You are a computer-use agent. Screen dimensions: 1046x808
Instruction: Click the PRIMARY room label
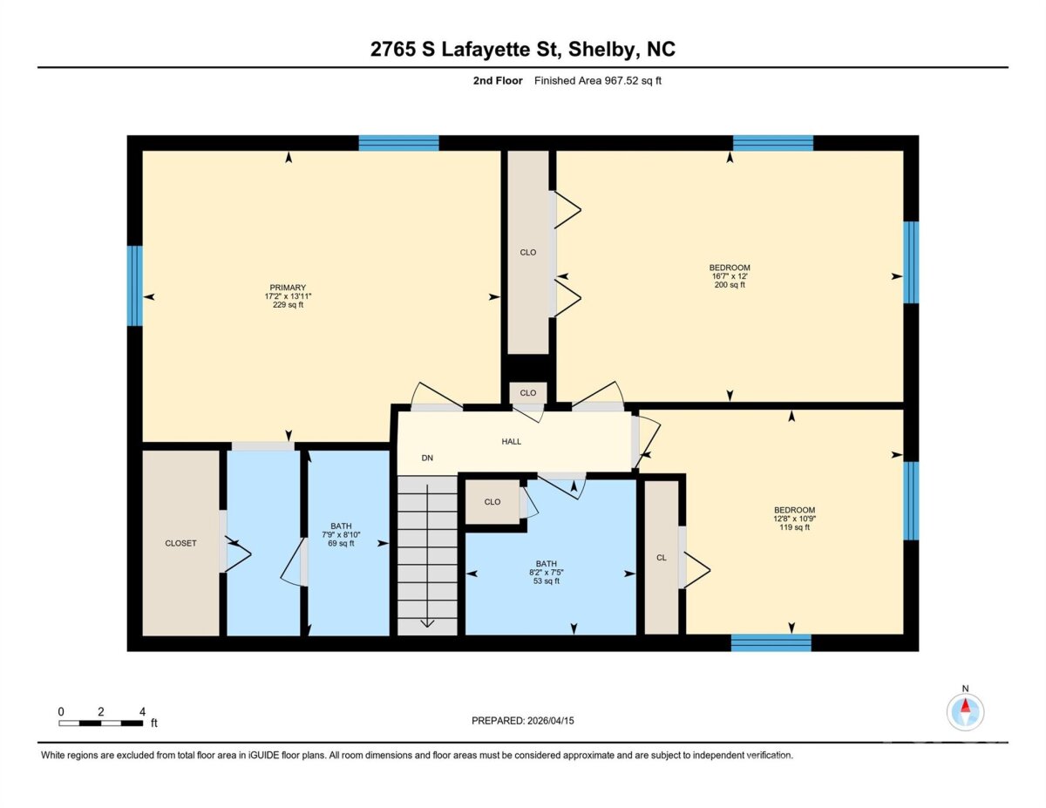click(288, 288)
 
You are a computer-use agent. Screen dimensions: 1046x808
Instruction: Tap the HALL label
click(511, 441)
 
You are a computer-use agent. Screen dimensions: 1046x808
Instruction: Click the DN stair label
click(427, 458)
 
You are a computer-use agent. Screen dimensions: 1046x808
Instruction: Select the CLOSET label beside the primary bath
click(180, 543)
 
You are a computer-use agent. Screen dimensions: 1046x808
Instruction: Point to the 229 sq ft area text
click(288, 304)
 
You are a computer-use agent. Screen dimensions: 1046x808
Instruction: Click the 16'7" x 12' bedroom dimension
click(730, 276)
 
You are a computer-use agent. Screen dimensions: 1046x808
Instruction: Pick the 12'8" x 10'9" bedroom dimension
click(794, 519)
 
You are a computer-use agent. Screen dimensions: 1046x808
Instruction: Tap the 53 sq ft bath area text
click(546, 581)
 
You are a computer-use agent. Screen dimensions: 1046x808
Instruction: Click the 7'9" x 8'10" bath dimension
click(341, 534)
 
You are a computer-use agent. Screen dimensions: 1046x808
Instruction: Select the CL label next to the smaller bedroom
click(662, 557)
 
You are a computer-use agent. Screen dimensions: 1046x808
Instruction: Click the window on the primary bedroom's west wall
click(134, 286)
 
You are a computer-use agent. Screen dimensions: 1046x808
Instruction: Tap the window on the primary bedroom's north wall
click(398, 143)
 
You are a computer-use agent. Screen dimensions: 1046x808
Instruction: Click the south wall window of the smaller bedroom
click(771, 642)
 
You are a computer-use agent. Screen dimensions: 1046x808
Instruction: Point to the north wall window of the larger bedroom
click(773, 143)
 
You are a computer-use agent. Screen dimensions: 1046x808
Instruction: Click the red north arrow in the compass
click(965, 706)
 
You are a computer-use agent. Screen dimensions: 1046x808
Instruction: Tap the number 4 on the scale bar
click(142, 711)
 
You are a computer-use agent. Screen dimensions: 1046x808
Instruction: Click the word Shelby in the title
click(602, 50)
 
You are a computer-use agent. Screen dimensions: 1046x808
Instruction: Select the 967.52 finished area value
click(621, 80)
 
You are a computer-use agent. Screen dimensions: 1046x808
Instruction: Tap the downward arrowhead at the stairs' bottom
click(427, 624)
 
